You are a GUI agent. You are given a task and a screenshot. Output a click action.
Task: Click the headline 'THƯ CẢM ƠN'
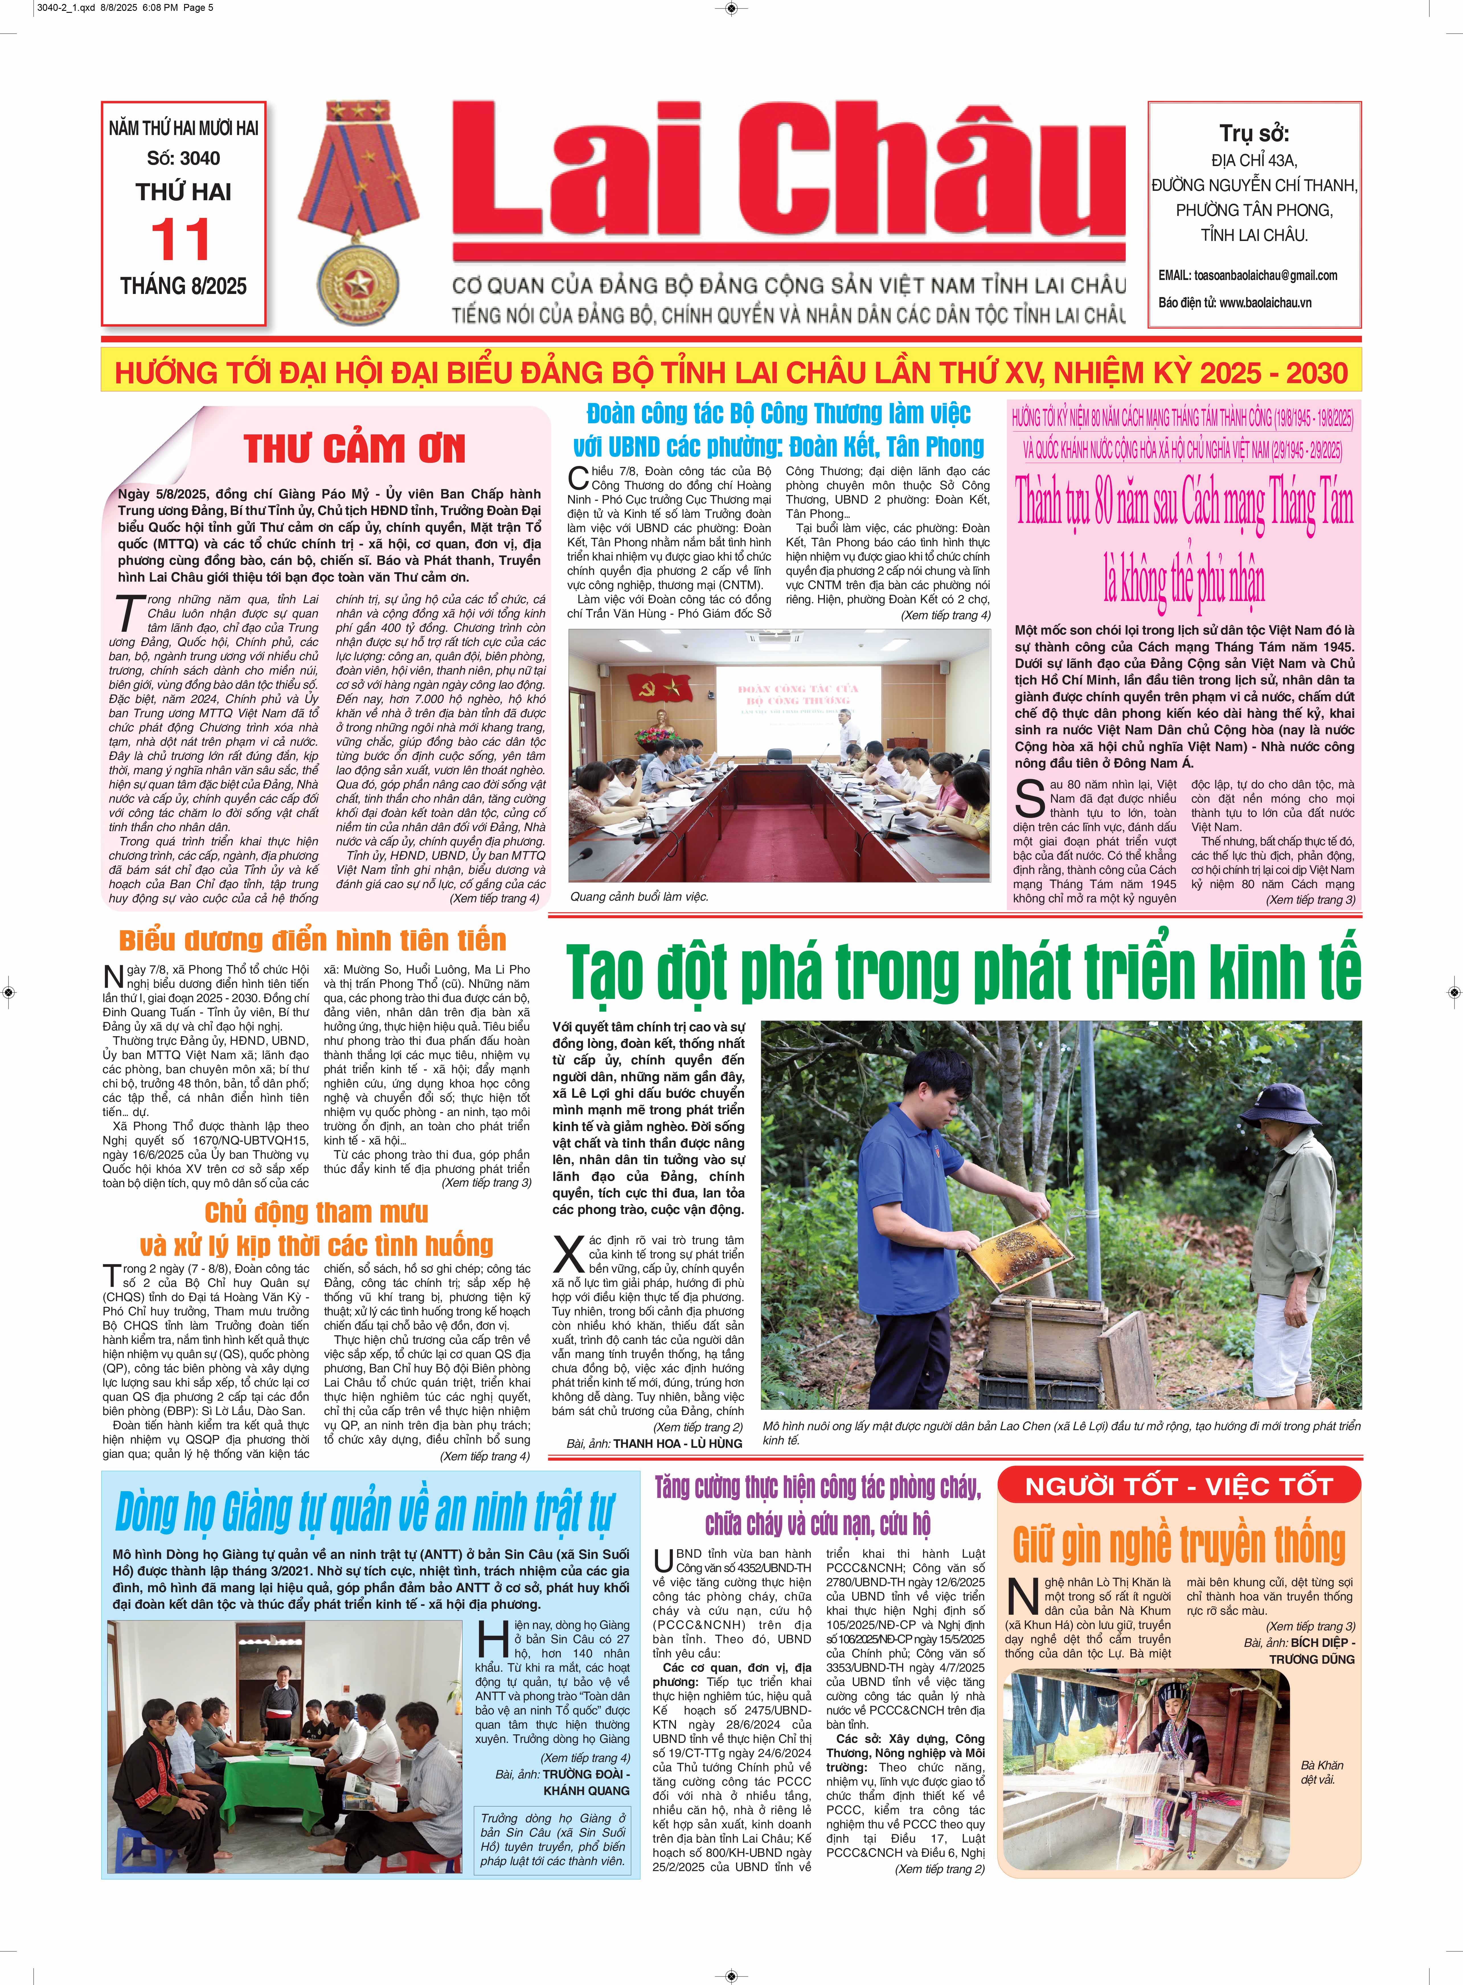(354, 448)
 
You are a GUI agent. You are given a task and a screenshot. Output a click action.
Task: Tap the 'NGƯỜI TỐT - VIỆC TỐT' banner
(1179, 1486)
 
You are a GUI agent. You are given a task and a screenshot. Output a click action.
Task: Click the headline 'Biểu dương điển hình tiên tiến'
(313, 940)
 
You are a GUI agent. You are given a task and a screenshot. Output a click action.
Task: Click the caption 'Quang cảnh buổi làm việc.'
(640, 896)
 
